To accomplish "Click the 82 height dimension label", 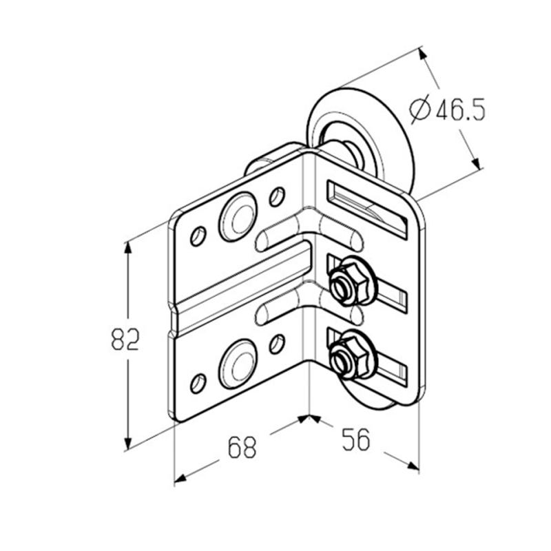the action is (x=125, y=339).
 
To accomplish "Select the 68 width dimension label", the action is (x=242, y=447).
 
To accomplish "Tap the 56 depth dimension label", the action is (x=356, y=439).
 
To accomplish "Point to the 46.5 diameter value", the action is (x=461, y=110).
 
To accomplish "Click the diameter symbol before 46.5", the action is (x=420, y=110).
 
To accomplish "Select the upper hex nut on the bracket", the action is (x=345, y=281).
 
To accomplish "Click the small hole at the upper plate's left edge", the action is (x=198, y=236).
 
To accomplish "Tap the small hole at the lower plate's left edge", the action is (x=198, y=384).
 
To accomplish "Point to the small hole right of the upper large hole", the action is (x=278, y=197).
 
